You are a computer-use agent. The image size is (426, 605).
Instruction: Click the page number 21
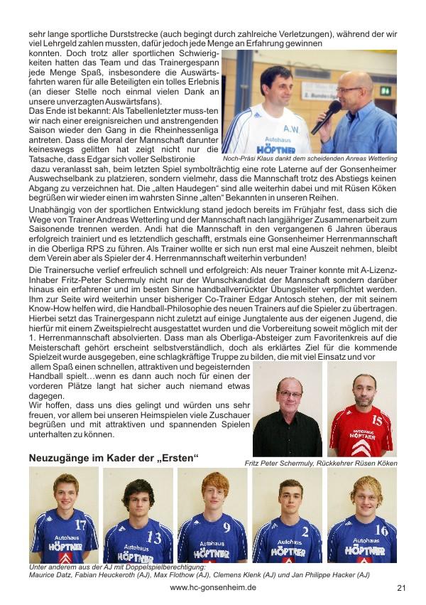[x=401, y=588]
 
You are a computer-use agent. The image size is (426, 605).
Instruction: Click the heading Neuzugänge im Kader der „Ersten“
[x=114, y=458]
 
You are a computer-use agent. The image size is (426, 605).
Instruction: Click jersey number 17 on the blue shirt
[x=80, y=525]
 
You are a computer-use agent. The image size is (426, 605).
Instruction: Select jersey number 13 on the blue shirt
[x=154, y=537]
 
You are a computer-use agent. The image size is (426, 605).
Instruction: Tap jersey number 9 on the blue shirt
[x=226, y=528]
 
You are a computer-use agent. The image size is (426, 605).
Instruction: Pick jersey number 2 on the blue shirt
[x=305, y=531]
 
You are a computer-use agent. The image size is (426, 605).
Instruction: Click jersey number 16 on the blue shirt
[x=381, y=530]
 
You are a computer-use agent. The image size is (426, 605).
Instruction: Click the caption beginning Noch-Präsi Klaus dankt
[x=310, y=158]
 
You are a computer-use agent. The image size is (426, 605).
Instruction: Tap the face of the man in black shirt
[x=289, y=393]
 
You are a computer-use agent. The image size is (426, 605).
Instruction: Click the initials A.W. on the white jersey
[x=291, y=129]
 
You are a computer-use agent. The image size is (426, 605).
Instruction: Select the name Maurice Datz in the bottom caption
[x=52, y=574]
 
